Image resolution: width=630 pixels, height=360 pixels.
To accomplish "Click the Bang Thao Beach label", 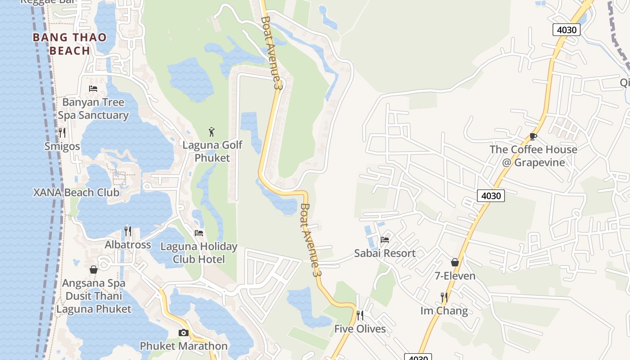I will tap(70, 44).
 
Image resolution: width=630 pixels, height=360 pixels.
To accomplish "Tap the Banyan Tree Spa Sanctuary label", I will tap(93, 108).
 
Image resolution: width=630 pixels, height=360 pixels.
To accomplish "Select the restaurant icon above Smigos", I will tap(62, 132).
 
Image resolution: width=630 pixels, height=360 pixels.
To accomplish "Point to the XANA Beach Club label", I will tap(76, 193).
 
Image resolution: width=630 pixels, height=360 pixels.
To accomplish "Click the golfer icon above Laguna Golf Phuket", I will tap(212, 132).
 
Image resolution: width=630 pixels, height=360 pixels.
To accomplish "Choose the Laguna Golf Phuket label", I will tap(212, 151).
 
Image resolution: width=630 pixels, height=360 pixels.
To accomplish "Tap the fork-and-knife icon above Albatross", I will tap(128, 231).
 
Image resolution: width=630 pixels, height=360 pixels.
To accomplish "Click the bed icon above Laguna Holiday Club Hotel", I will tap(198, 233).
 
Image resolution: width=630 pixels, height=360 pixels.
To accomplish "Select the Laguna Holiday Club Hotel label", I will tap(199, 253).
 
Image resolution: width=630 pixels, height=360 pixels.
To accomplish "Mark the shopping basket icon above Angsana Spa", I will tap(94, 270).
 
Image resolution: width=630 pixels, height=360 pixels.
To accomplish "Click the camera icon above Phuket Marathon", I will tap(183, 333).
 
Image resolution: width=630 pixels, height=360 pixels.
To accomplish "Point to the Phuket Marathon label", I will tap(184, 346).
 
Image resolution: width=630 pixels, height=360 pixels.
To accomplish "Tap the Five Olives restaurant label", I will tap(360, 329).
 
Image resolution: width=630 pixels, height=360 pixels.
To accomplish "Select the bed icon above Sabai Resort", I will tap(385, 239).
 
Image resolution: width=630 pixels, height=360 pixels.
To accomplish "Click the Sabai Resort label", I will tap(385, 253).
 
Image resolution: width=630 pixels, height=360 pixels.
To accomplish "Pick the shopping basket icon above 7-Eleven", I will tap(455, 262).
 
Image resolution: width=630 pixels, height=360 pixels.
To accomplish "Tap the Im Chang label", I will tap(444, 311).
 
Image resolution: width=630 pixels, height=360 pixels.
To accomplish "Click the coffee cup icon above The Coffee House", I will tap(533, 136).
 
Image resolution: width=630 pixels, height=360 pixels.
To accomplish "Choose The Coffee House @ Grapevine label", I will tap(533, 156).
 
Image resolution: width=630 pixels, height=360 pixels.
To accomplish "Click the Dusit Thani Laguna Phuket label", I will tap(94, 302).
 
